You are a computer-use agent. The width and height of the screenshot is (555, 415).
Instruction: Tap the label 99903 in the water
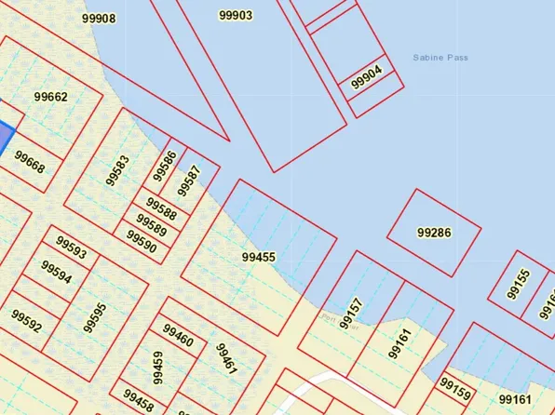(236, 15)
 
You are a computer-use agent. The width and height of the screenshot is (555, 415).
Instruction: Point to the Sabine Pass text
(440, 58)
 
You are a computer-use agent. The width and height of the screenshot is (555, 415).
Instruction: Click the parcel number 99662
(50, 97)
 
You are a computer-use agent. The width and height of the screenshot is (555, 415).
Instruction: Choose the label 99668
(30, 160)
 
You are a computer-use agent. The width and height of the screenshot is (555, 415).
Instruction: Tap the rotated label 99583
(118, 170)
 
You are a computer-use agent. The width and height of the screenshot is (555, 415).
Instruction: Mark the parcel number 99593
(71, 248)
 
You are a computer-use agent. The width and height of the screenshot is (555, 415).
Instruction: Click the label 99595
(95, 317)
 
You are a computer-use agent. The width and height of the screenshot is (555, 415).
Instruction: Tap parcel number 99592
(27, 322)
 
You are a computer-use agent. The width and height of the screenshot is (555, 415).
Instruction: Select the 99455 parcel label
(258, 257)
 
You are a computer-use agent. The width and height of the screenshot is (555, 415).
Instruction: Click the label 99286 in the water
(434, 233)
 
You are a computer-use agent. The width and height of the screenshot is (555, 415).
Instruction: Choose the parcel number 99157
(350, 314)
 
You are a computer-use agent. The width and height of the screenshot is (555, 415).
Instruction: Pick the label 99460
(178, 335)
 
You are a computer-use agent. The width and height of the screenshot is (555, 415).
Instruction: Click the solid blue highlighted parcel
(5, 140)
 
